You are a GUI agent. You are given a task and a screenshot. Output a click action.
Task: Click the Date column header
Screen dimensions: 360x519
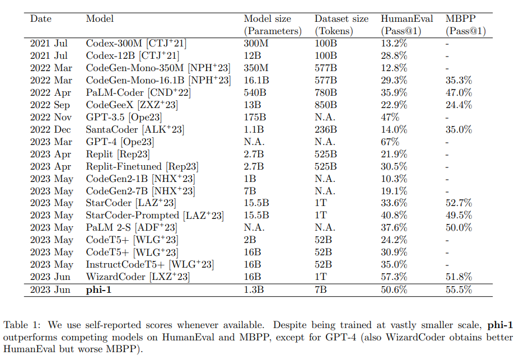[x=40, y=19]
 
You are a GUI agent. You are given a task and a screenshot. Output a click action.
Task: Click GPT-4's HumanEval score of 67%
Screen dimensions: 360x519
[x=390, y=142]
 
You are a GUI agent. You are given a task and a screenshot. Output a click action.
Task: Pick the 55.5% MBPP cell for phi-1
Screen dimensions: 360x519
[x=459, y=290]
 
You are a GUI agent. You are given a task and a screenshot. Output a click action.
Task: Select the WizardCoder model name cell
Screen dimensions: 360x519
[x=138, y=277]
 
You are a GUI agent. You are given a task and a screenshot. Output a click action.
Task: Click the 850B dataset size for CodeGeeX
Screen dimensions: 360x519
[x=326, y=105]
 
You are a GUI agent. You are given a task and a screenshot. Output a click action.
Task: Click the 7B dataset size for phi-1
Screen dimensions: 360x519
[x=320, y=290]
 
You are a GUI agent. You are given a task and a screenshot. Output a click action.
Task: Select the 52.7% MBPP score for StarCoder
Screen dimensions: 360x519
[x=459, y=203]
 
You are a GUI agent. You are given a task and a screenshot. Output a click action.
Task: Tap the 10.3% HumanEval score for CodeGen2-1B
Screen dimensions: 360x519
[x=394, y=179]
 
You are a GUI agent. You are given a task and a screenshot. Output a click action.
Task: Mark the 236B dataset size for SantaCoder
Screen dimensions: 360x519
[x=326, y=129]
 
